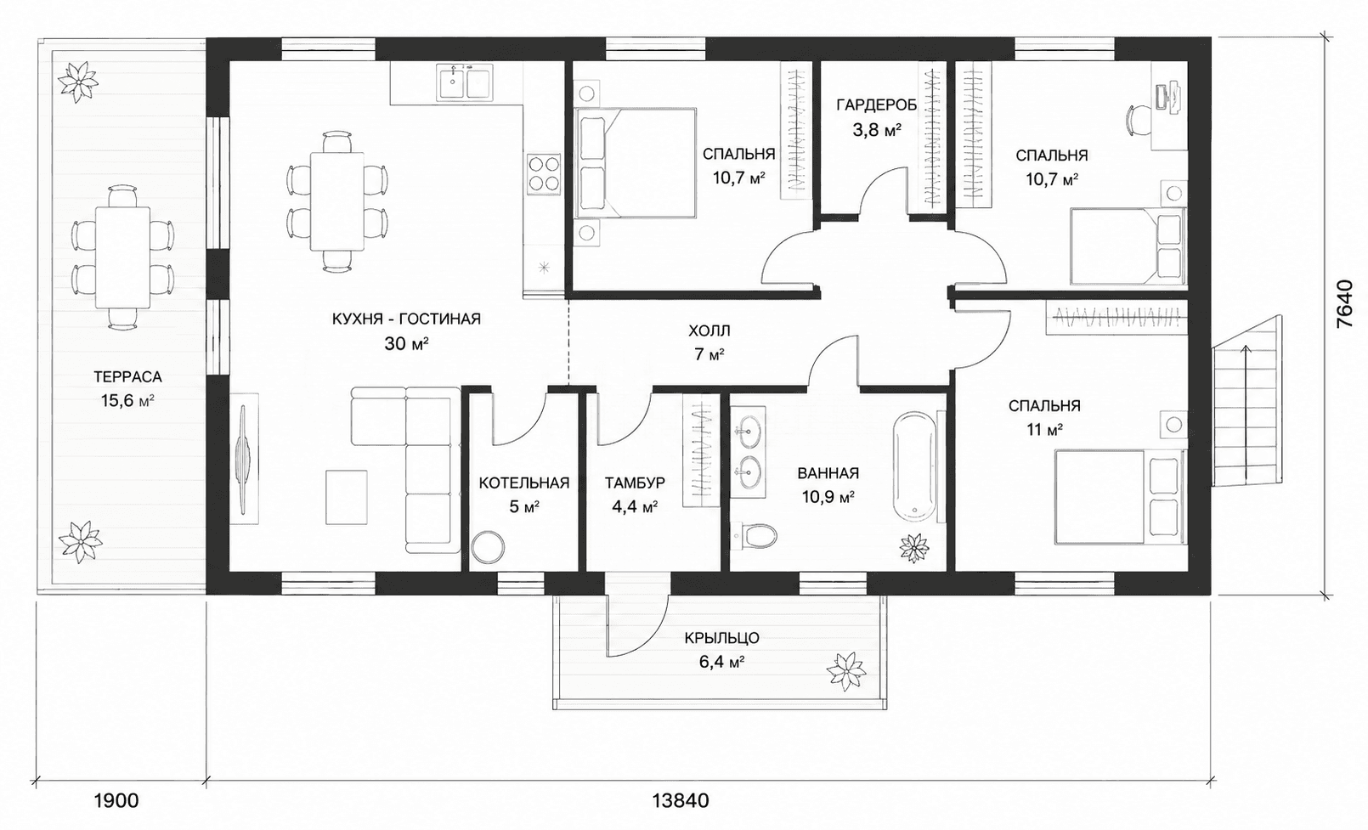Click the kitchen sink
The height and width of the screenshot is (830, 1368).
465,82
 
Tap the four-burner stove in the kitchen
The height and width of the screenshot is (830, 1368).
544,174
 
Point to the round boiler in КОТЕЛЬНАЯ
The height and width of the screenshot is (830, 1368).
488,547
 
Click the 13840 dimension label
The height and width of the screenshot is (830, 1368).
681,800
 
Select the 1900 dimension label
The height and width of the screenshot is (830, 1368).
116,800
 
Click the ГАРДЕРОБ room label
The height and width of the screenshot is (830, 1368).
876,105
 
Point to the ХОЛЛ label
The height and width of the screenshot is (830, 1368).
709,331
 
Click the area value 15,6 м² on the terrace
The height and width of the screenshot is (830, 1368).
127,401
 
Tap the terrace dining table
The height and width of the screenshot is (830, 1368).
122,257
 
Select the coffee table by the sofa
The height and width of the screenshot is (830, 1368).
347,497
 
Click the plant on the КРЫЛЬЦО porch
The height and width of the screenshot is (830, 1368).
845,670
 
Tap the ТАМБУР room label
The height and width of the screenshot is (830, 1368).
636,483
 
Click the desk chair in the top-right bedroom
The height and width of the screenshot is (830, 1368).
1139,121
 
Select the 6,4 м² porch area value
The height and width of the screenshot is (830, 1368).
721,662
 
